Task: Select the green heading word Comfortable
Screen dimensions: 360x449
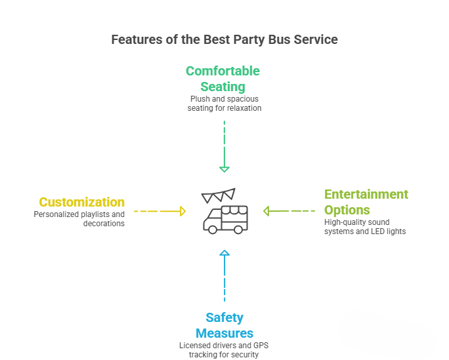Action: (x=223, y=71)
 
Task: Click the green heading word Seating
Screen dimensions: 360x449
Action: (x=223, y=87)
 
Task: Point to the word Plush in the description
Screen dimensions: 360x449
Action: (x=200, y=99)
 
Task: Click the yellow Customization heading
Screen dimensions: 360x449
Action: (x=82, y=202)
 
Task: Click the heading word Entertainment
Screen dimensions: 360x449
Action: (x=366, y=194)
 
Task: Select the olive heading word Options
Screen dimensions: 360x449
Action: (x=347, y=210)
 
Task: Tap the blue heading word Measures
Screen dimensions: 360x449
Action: (x=224, y=333)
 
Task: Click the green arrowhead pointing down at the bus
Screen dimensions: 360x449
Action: (x=224, y=169)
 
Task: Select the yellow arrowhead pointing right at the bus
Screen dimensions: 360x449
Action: (x=182, y=211)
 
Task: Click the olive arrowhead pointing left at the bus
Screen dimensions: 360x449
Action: (x=267, y=211)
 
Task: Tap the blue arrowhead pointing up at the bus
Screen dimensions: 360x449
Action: (x=224, y=253)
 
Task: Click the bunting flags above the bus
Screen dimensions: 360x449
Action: (x=218, y=195)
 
